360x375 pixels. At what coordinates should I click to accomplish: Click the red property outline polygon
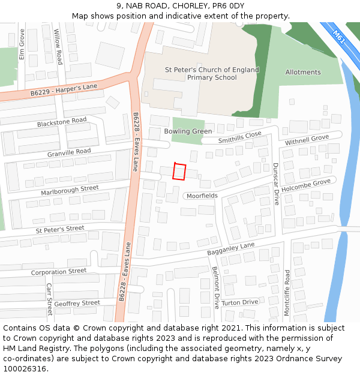click(179, 172)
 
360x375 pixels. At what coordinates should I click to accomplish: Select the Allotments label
click(303, 72)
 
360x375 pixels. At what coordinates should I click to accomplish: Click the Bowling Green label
click(188, 131)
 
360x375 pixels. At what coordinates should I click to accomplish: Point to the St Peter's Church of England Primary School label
click(212, 74)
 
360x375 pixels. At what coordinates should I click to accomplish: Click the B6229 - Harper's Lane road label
click(64, 90)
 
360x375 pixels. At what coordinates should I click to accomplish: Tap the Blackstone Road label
click(62, 122)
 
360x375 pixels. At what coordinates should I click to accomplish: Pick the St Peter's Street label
click(60, 229)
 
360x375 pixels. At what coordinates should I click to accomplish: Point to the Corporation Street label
click(59, 271)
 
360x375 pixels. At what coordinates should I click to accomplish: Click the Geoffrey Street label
click(77, 303)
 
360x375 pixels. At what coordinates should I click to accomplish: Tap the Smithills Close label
click(240, 137)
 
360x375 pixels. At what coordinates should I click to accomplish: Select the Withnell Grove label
click(307, 140)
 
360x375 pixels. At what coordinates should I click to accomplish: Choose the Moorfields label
click(202, 196)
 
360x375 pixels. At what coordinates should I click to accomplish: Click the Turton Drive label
click(239, 302)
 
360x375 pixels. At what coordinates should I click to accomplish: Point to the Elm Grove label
click(22, 46)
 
